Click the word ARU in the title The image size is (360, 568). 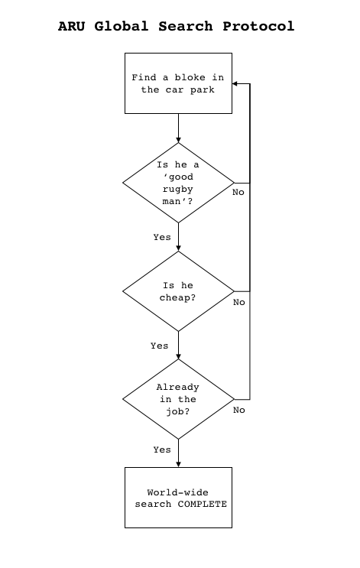(x=71, y=27)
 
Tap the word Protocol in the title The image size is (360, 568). (x=258, y=27)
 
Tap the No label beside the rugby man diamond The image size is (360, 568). (x=238, y=193)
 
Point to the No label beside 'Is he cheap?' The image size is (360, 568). (x=239, y=302)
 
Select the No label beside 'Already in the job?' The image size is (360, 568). (x=239, y=410)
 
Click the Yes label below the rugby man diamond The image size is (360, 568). (x=162, y=237)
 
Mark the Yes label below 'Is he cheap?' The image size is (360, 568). (x=159, y=346)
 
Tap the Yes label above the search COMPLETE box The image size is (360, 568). (x=162, y=450)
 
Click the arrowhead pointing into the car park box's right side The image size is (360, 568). (x=235, y=83)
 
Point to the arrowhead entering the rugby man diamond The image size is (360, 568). (x=178, y=140)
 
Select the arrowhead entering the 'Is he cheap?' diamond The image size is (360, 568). (x=178, y=248)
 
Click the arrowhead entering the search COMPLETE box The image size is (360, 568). (x=178, y=464)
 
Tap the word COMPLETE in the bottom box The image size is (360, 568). (x=202, y=505)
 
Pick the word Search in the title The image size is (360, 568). (x=186, y=27)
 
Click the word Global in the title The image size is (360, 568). (x=122, y=27)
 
